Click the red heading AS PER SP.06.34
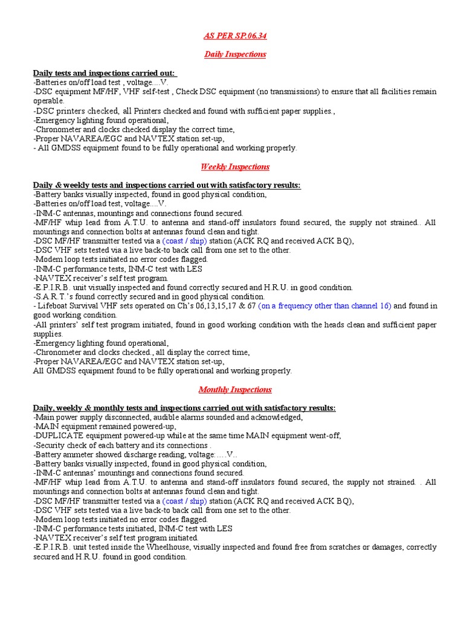pyautogui.click(x=235, y=36)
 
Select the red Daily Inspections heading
pyautogui.click(x=235, y=54)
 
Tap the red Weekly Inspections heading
pyautogui.click(x=235, y=167)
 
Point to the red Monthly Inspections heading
pyautogui.click(x=235, y=389)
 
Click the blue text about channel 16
pyautogui.click(x=325, y=306)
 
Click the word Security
pyautogui.click(x=51, y=445)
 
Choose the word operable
pyautogui.click(x=48, y=101)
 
